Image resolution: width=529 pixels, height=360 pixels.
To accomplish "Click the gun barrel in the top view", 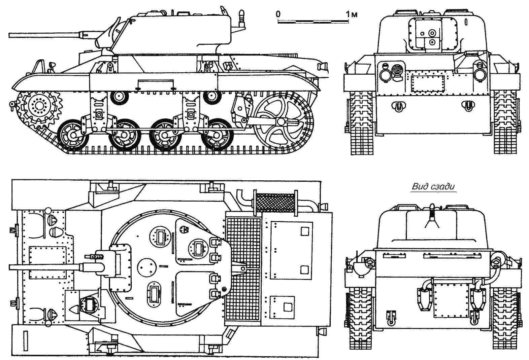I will pos(44,267).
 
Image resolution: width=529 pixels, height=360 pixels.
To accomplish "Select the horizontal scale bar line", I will pos(313,21).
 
